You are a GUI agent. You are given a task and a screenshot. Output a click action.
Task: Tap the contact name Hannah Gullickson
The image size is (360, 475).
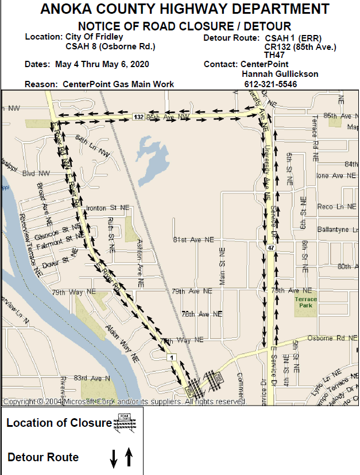coord(280,74)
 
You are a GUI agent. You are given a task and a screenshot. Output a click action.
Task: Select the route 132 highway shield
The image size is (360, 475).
coord(138,116)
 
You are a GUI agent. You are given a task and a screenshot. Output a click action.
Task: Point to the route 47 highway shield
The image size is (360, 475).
coord(270,247)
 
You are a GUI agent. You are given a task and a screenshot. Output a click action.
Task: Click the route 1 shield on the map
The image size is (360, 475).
coord(170,357)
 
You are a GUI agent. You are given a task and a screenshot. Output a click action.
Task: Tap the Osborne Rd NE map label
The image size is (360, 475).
coord(332,338)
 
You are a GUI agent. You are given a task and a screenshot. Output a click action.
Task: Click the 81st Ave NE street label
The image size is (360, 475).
coord(193,240)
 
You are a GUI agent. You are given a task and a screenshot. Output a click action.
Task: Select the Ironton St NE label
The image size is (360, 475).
coord(107,208)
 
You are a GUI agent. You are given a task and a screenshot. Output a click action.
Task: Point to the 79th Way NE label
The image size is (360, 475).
coord(181,340)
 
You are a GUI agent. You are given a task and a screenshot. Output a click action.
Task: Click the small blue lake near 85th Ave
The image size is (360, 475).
coord(150,158)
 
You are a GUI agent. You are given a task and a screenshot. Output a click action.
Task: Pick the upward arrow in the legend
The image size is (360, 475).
coord(129,457)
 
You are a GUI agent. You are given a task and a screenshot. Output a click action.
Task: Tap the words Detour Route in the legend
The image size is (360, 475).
coord(43,457)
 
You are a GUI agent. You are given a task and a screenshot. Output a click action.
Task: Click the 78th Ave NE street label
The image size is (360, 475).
coord(202,314)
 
